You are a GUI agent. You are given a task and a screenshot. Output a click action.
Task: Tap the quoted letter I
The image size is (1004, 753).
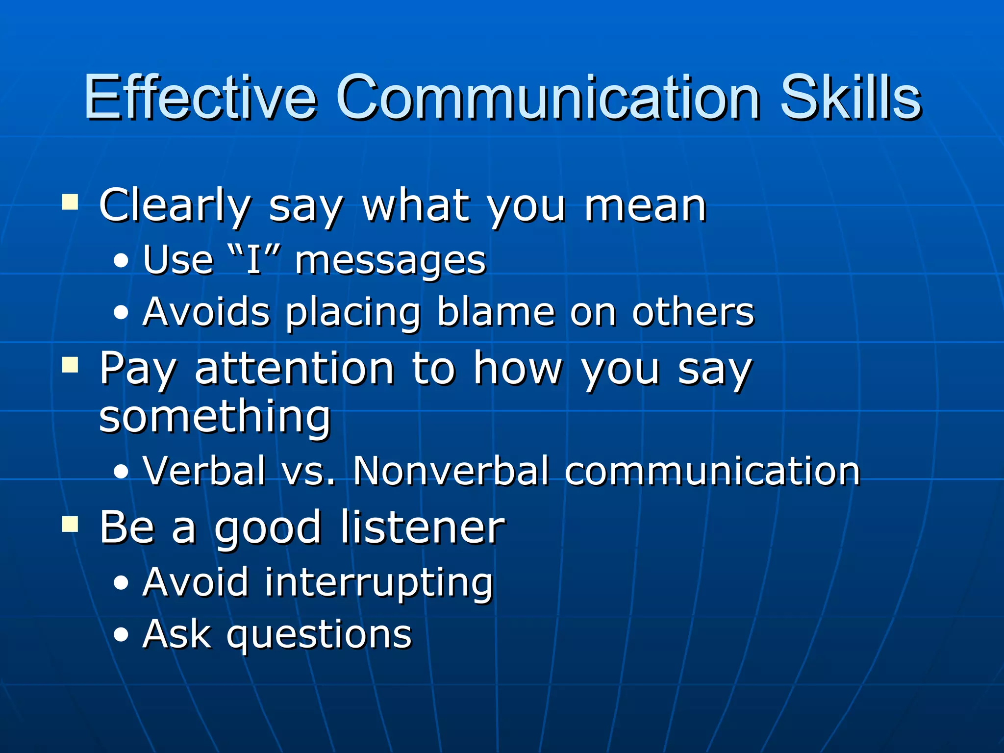254,260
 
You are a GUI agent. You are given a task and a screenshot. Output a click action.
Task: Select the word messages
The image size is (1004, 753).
390,261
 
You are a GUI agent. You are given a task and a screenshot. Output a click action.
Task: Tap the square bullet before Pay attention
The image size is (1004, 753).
70,365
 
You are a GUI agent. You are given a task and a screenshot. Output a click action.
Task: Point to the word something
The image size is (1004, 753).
215,418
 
